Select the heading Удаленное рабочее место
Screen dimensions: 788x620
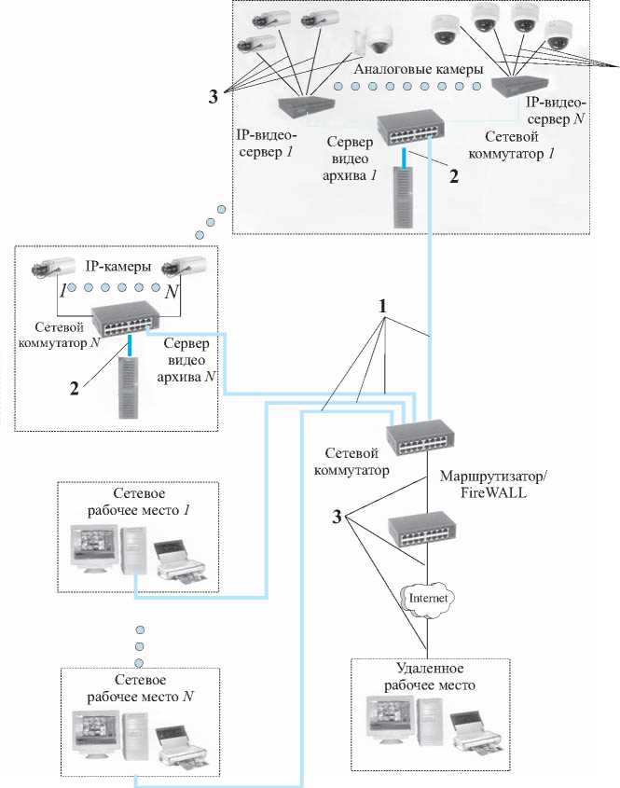point(430,678)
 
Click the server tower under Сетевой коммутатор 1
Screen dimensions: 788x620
point(403,197)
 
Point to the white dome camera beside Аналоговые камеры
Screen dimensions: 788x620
point(378,37)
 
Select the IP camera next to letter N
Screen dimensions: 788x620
point(178,267)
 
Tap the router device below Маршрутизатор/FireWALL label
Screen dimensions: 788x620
point(423,532)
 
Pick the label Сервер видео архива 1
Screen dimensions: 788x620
point(351,155)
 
